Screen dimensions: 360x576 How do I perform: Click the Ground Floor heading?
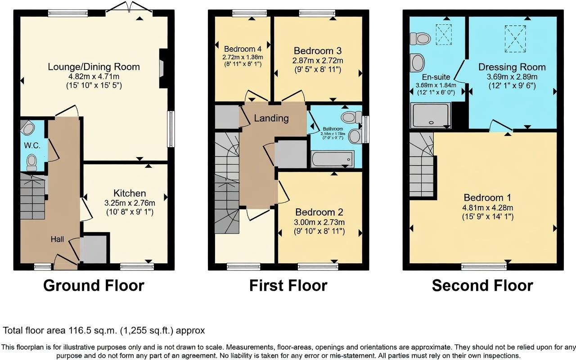(x=94, y=285)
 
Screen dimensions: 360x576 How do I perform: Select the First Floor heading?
(x=288, y=285)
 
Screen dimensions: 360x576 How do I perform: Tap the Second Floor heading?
(x=482, y=285)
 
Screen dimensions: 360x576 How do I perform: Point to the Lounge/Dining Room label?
(x=94, y=67)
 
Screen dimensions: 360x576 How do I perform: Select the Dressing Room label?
(x=512, y=67)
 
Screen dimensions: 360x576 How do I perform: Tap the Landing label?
(x=271, y=118)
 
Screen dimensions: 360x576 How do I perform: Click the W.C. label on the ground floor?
(x=32, y=146)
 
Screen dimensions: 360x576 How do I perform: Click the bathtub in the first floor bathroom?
(x=332, y=159)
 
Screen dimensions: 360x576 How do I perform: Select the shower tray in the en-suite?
(x=431, y=115)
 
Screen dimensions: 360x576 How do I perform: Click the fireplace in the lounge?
(x=162, y=68)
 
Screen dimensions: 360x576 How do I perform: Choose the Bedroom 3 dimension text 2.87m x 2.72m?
(x=318, y=61)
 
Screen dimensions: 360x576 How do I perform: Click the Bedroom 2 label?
(x=319, y=212)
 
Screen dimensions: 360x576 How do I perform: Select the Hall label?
(x=57, y=240)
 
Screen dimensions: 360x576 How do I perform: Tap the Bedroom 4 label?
(x=243, y=49)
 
